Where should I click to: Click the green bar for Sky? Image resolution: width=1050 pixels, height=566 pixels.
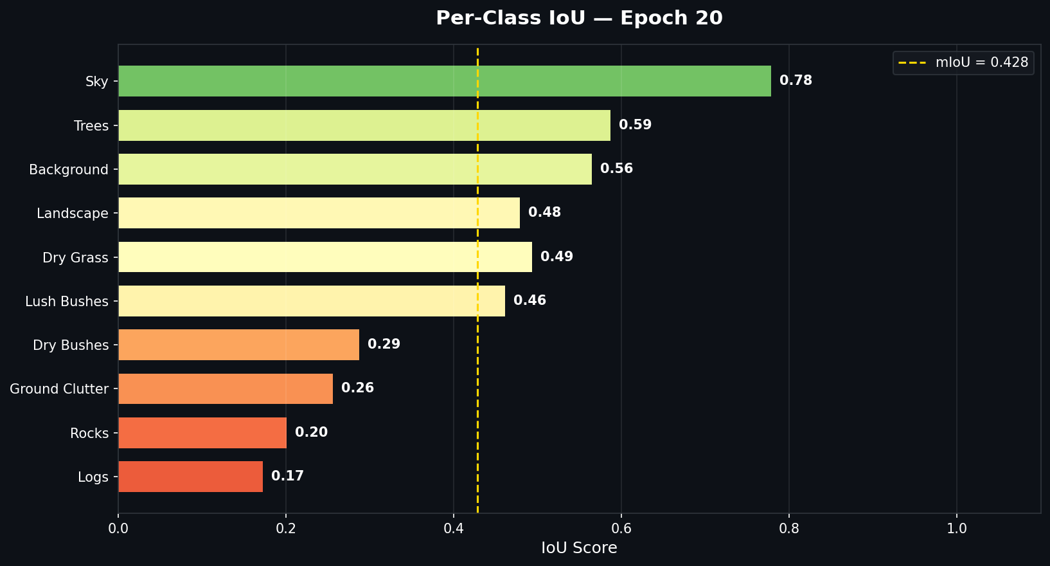(444, 81)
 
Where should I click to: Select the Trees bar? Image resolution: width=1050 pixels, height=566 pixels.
(364, 125)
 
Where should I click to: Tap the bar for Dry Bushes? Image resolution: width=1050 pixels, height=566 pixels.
(238, 345)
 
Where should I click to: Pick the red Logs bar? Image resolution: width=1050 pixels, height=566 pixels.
(190, 477)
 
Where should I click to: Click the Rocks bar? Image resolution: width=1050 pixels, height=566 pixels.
(202, 433)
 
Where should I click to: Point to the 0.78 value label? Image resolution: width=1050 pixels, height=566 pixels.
(796, 80)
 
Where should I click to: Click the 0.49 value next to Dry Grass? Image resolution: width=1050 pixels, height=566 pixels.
(556, 257)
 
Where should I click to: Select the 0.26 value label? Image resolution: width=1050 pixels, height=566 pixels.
(357, 388)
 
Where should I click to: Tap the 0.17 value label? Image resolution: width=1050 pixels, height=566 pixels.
(287, 476)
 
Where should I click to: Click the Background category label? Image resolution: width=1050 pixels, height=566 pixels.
(69, 170)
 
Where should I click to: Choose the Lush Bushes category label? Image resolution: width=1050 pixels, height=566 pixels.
(67, 302)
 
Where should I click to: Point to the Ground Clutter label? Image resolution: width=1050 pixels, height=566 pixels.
(59, 389)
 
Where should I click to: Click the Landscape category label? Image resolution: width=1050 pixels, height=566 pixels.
(73, 214)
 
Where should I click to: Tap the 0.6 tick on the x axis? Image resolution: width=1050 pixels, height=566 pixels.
(621, 529)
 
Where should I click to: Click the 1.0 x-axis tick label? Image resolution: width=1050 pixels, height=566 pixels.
(957, 529)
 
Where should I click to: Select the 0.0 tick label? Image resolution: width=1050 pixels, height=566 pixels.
(118, 529)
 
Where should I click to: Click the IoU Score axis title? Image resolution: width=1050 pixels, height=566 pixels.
(579, 548)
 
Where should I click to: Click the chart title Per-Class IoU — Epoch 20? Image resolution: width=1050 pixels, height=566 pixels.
(579, 18)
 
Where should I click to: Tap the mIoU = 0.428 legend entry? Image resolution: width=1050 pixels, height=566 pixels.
(963, 62)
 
